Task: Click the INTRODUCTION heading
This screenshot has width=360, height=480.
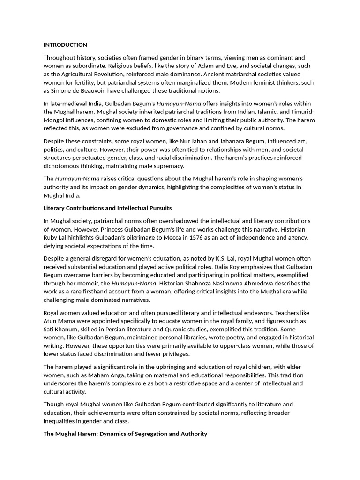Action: [65, 45]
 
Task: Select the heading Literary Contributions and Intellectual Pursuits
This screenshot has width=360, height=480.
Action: [107, 208]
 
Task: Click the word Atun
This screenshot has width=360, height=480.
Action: [51, 321]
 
